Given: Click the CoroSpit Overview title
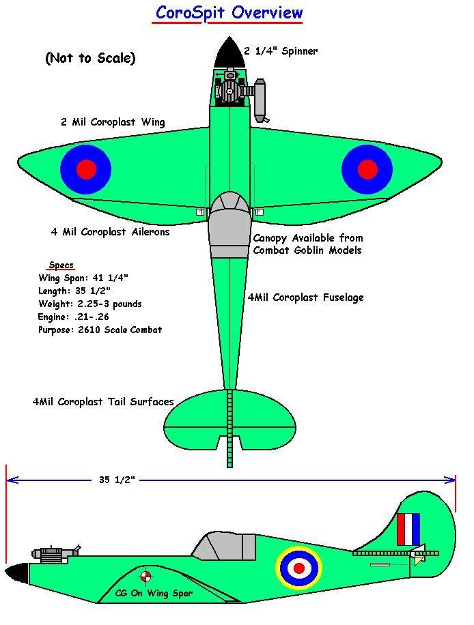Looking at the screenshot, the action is (229, 13).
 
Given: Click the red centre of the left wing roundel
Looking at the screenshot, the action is (86, 169).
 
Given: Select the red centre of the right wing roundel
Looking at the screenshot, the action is (367, 169).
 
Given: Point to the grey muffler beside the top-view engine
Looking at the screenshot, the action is (260, 100).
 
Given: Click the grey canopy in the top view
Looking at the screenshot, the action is (229, 224).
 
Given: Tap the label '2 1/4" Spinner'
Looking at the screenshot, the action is (281, 51).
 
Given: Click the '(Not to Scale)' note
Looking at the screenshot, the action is (91, 58).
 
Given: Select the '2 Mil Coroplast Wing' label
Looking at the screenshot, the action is (113, 122).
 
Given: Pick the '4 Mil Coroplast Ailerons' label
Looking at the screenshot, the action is (111, 232).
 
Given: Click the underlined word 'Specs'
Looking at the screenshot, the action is (61, 265).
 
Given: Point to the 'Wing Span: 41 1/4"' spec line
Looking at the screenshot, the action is (83, 278).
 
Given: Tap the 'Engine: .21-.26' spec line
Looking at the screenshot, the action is (73, 317).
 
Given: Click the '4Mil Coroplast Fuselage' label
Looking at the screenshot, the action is (305, 297).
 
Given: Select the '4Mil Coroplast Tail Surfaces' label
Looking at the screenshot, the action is (103, 402).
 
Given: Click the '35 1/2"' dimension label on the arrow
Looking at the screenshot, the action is (117, 480).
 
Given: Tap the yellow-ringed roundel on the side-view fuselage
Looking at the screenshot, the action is (299, 568).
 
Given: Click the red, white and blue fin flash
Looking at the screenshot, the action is (408, 529).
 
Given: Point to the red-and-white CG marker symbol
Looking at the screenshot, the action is (146, 576).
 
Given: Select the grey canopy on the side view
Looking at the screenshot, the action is (225, 545).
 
